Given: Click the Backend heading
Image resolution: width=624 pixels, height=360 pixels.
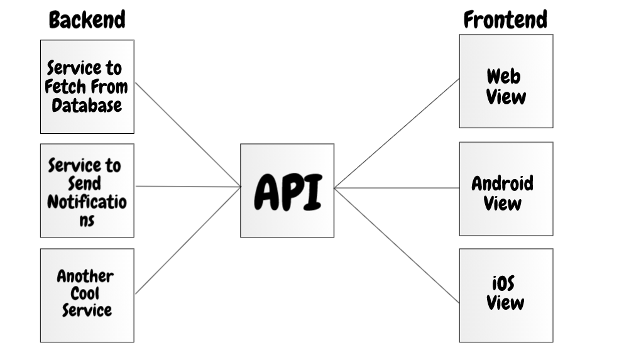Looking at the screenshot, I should click(87, 19).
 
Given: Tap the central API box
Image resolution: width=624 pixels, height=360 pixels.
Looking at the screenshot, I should click(287, 190).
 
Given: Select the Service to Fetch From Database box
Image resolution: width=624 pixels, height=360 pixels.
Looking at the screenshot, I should click(87, 87).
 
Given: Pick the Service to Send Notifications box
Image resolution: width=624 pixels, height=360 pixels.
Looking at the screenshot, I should click(87, 190).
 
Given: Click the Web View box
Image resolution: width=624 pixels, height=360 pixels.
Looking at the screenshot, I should click(506, 81).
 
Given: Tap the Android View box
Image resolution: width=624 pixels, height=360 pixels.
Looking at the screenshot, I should click(506, 188).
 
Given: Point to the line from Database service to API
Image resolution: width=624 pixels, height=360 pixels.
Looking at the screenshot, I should click(188, 134).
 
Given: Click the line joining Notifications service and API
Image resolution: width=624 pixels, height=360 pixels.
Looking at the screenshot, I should click(188, 186).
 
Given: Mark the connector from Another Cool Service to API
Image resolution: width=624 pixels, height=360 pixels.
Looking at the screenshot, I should click(188, 240).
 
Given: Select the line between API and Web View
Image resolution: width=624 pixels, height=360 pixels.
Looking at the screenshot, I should click(397, 133).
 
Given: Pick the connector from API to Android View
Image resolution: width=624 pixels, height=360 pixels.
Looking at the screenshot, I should click(397, 188).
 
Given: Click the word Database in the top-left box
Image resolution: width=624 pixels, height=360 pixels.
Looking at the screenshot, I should click(87, 104).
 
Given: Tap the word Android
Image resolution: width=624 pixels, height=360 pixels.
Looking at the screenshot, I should click(503, 183).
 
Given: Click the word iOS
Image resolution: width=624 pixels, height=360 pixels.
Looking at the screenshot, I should click(503, 283).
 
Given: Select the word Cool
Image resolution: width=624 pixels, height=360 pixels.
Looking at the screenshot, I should click(85, 293).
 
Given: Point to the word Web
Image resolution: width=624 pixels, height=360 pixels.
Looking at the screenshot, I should click(503, 77).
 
